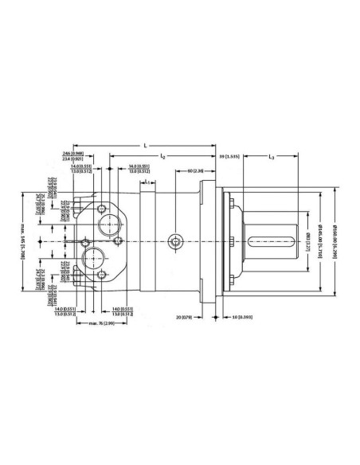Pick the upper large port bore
[106, 224]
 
